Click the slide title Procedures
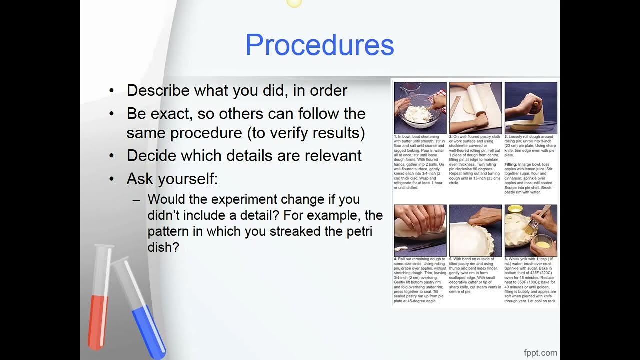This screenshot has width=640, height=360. [319, 45]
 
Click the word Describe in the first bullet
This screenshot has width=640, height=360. [158, 90]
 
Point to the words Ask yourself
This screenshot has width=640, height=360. [172, 179]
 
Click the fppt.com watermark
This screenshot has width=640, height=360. [540, 353]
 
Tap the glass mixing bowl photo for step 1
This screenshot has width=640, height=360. [420, 108]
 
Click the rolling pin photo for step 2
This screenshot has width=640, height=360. [475, 108]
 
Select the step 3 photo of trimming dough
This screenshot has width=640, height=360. [531, 108]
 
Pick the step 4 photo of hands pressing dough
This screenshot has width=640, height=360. [420, 230]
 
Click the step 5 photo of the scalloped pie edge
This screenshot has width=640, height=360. [475, 230]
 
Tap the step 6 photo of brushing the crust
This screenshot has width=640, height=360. [531, 230]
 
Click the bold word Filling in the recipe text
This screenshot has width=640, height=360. [511, 164]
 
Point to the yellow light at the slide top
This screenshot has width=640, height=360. [294, 2]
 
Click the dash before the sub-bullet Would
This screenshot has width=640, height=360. [136, 200]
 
